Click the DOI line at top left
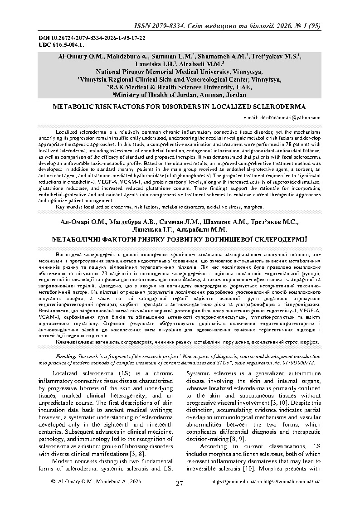click(69, 39)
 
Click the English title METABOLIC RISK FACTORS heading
click(180, 107)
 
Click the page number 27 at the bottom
click(180, 483)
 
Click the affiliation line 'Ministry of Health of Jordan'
click(180, 95)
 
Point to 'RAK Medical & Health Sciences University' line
click(180, 87)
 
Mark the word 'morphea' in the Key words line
click(252, 207)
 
